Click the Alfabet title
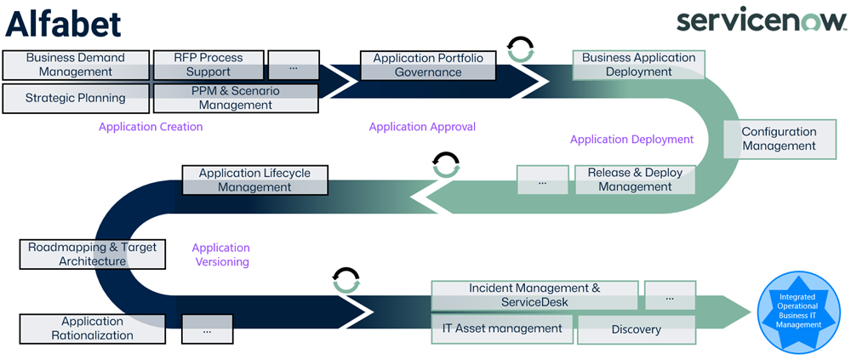pyautogui.click(x=64, y=24)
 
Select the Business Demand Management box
pyautogui.click(x=76, y=65)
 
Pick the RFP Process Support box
pyautogui.click(x=208, y=65)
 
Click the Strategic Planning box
pyautogui.click(x=76, y=98)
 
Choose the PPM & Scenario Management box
pyautogui.click(x=236, y=98)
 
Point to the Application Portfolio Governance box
pyautogui.click(x=428, y=66)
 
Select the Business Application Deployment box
pyautogui.click(x=638, y=65)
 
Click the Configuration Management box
pyautogui.click(x=778, y=139)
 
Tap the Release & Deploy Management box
pyautogui.click(x=635, y=180)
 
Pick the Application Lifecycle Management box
pyautogui.click(x=254, y=180)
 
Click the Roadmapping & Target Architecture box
pyautogui.click(x=92, y=254)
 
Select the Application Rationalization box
pyautogui.click(x=92, y=329)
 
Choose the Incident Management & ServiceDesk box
pyautogui.click(x=534, y=295)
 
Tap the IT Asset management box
pyautogui.click(x=502, y=329)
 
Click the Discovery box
pyautogui.click(x=636, y=329)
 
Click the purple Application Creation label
pyautogui.click(x=151, y=127)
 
